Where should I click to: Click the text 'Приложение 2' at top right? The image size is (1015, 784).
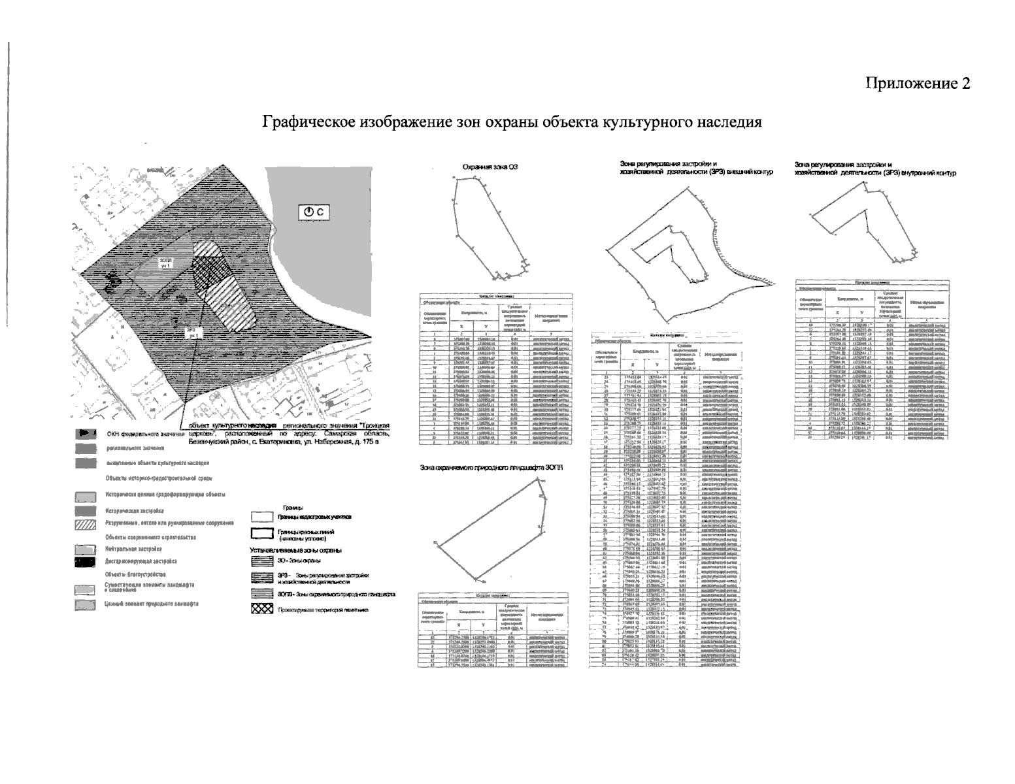tap(918, 84)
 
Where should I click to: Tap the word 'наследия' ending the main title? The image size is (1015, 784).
tap(731, 122)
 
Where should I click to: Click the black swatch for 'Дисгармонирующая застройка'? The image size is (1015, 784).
tap(85, 561)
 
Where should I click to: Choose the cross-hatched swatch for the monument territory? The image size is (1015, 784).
tap(261, 610)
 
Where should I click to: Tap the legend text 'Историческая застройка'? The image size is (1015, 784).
tap(134, 511)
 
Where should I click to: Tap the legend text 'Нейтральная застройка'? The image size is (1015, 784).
tap(133, 549)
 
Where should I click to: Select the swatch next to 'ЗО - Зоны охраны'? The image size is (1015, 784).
tap(261, 561)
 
